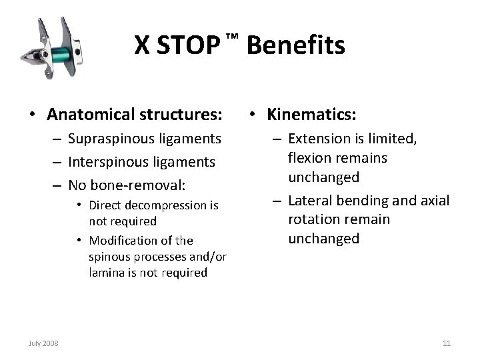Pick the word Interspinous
point(102,162)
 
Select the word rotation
point(311,219)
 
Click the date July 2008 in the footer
point(44,343)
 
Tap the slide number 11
point(447,343)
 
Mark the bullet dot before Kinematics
point(255,115)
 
